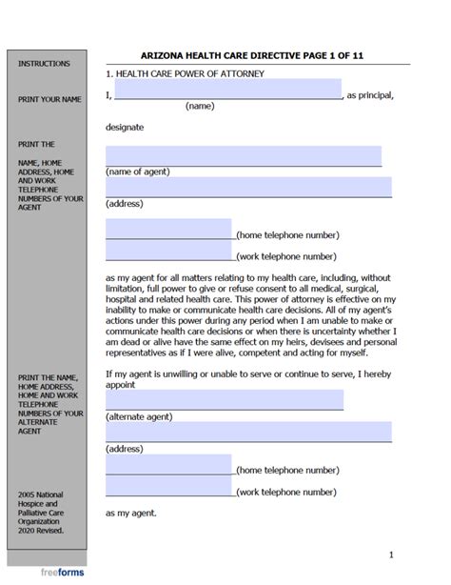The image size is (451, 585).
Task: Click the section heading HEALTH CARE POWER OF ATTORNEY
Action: tap(190, 73)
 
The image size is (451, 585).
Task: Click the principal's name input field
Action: tap(227, 91)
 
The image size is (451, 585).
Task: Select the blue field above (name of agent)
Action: tap(243, 155)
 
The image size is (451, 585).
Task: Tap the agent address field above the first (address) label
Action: tap(247, 187)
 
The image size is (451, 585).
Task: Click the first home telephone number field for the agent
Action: tap(168, 229)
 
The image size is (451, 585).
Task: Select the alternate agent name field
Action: tap(225, 399)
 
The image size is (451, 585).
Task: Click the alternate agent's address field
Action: tap(247, 432)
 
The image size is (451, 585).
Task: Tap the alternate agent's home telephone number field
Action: tap(168, 464)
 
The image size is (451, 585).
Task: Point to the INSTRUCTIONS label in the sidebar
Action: tap(44, 64)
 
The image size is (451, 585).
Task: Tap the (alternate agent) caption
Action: tap(141, 416)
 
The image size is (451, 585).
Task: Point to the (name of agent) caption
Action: tap(138, 171)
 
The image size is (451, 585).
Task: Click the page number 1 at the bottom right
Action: tap(391, 555)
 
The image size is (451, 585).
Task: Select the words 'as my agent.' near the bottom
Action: tap(131, 514)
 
